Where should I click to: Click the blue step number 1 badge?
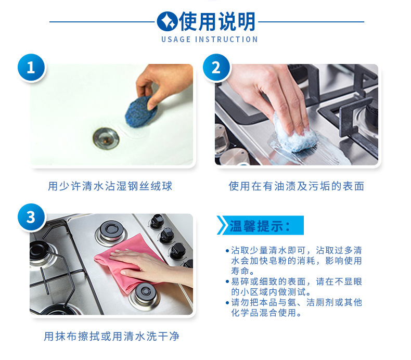coord(31,68)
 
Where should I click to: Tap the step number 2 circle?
coord(216,68)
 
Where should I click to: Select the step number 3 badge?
coord(31,217)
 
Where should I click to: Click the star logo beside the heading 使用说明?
coord(167,21)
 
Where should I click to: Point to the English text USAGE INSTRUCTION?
coord(210,40)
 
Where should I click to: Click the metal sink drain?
coord(106,138)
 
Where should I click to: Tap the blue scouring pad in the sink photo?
coord(141,112)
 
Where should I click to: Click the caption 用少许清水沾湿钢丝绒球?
coord(110,186)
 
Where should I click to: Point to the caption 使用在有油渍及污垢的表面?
coord(296,186)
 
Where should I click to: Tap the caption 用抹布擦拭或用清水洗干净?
coord(111,336)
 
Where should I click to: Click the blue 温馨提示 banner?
coord(260,225)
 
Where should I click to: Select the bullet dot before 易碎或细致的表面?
coord(227,282)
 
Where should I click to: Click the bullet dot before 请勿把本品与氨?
coord(227,303)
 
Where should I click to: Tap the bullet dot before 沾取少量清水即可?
coord(227,251)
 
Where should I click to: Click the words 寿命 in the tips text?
coord(240,271)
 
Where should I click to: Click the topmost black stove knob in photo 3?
coord(157,221)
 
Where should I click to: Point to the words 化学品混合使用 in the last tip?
coord(263,313)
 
